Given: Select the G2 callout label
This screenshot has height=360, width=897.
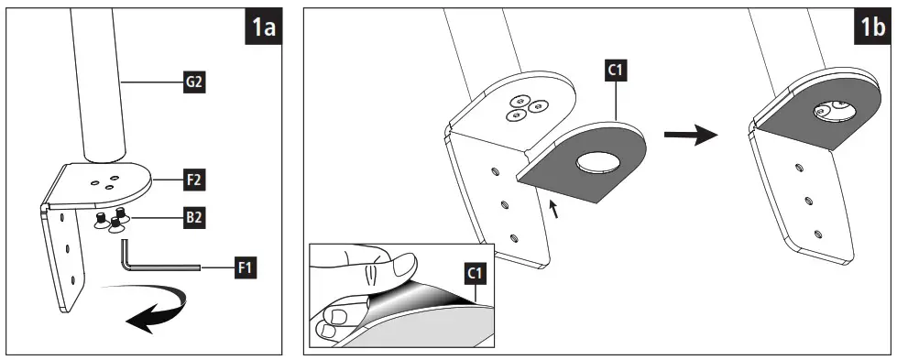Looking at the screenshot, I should pyautogui.click(x=193, y=82).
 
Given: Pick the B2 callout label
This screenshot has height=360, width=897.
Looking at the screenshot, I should pyautogui.click(x=193, y=219).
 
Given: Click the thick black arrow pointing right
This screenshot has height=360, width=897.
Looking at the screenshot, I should pyautogui.click(x=690, y=136).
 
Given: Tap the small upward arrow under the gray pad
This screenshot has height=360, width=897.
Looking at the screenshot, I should pyautogui.click(x=552, y=209).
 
